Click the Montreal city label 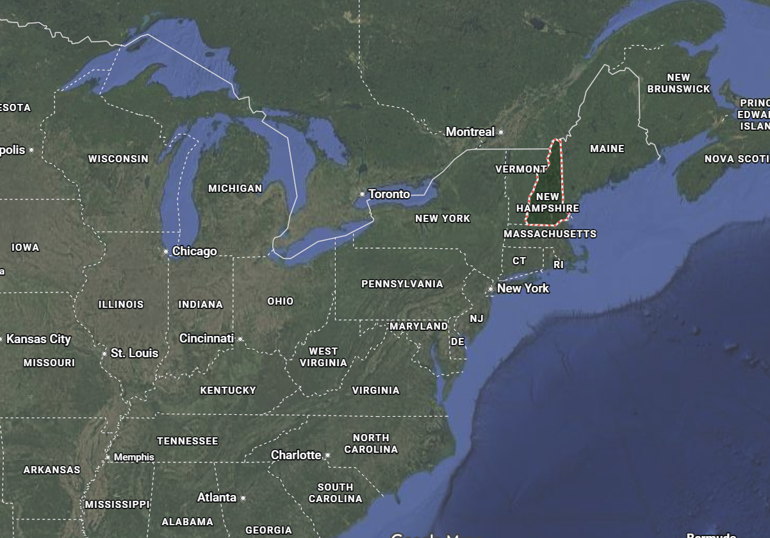470,131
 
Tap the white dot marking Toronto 363,194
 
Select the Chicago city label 194,251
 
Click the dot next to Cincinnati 240,339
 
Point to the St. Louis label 134,353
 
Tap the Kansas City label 38,339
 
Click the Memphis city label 134,457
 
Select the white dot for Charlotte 327,455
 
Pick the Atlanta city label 217,498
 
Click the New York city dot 491,289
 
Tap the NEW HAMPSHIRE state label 548,203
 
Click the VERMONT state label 521,169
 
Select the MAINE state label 607,149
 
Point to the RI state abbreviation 559,264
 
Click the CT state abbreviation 519,261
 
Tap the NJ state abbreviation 476,319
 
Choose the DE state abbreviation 457,342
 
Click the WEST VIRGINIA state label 323,357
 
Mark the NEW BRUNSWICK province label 678,83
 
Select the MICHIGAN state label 235,189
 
